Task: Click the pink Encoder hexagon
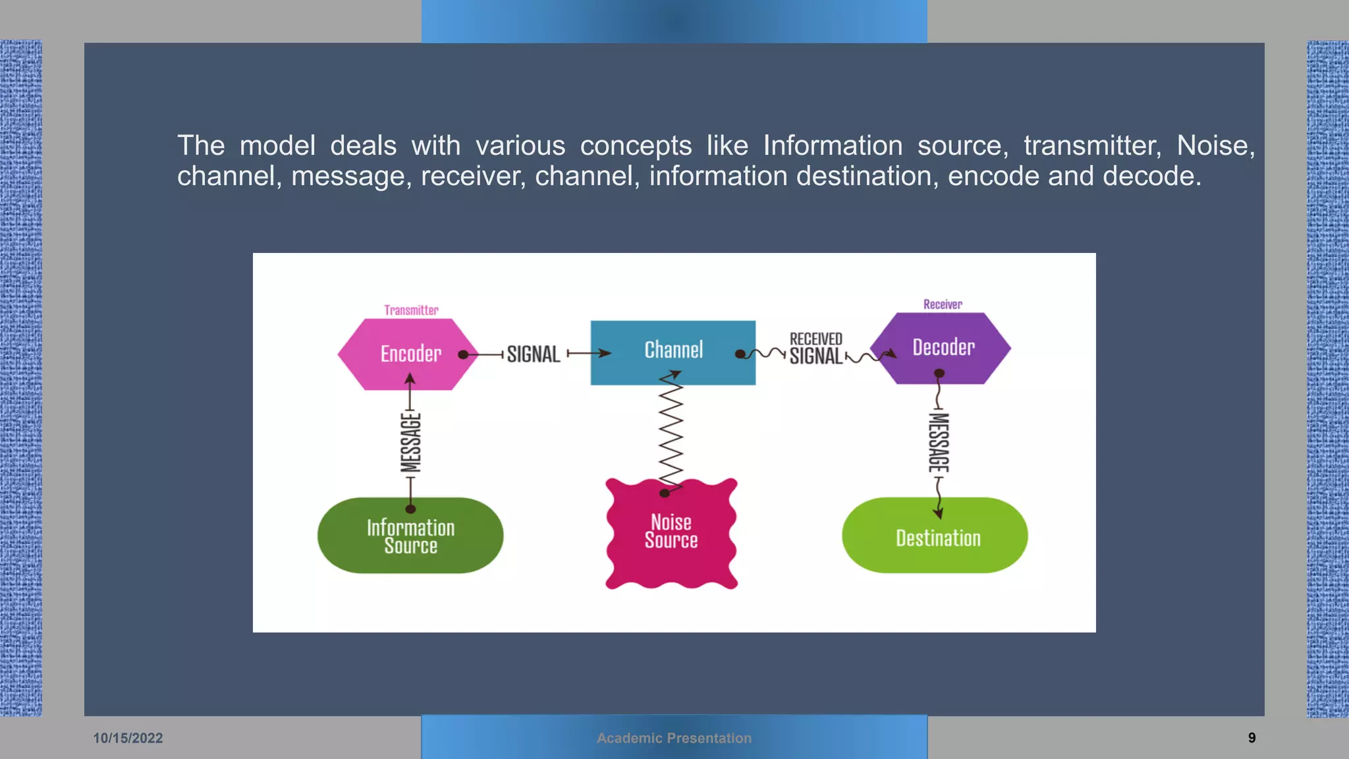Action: (x=408, y=354)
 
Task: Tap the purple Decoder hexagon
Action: (x=942, y=347)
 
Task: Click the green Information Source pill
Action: (x=410, y=536)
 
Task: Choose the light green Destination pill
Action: (x=935, y=537)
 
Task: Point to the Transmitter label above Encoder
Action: (x=411, y=310)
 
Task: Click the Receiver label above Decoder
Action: (x=943, y=304)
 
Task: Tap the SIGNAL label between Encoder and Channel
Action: (x=534, y=354)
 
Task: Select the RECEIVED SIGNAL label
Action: (x=816, y=349)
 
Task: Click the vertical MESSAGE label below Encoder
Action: (x=410, y=442)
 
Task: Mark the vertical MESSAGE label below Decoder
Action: (x=939, y=442)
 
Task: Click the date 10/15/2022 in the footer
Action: (x=128, y=738)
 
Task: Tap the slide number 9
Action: (x=1252, y=738)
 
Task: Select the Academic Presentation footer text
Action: (x=674, y=738)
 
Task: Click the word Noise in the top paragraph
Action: (x=1215, y=146)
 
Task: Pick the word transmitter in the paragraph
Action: (x=1092, y=146)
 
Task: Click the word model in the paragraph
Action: (x=277, y=146)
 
